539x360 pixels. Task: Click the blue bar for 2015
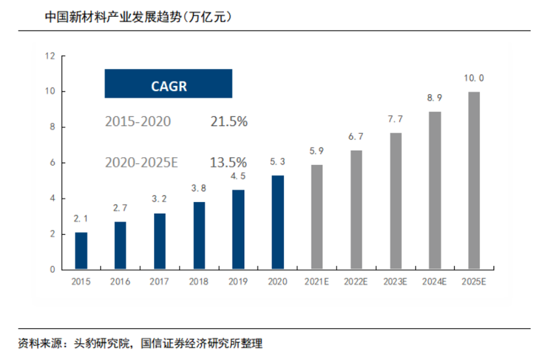81,251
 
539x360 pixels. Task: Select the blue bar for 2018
199,236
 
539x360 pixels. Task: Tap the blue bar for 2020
277,222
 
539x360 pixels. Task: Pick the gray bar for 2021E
317,217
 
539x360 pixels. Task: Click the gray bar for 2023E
395,201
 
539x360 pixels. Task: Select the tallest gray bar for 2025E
474,181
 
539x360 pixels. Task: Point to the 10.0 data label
474,78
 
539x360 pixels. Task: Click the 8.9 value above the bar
435,98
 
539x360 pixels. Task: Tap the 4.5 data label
238,176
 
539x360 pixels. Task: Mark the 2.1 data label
81,219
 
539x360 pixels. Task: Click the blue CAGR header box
168,84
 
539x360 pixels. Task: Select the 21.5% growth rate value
229,122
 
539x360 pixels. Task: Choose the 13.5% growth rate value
229,162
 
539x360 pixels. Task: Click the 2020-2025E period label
141,162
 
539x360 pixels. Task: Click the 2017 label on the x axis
160,282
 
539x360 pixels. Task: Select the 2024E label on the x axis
435,282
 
